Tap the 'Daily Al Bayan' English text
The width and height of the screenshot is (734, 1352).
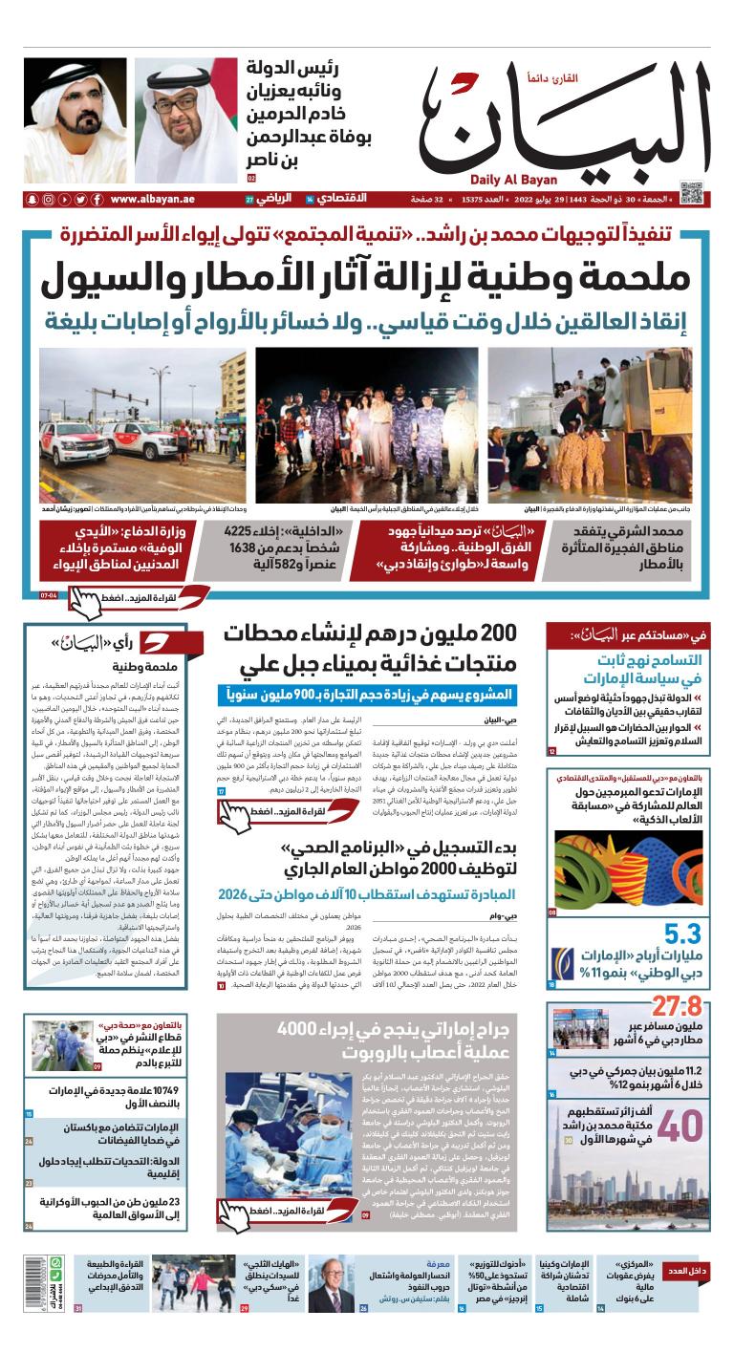[518, 179]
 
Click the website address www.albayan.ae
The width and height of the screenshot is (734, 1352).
[149, 199]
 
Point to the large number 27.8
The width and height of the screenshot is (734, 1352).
[678, 1007]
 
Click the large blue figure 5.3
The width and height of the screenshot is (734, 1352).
[684, 933]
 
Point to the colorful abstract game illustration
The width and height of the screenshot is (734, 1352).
[628, 869]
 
